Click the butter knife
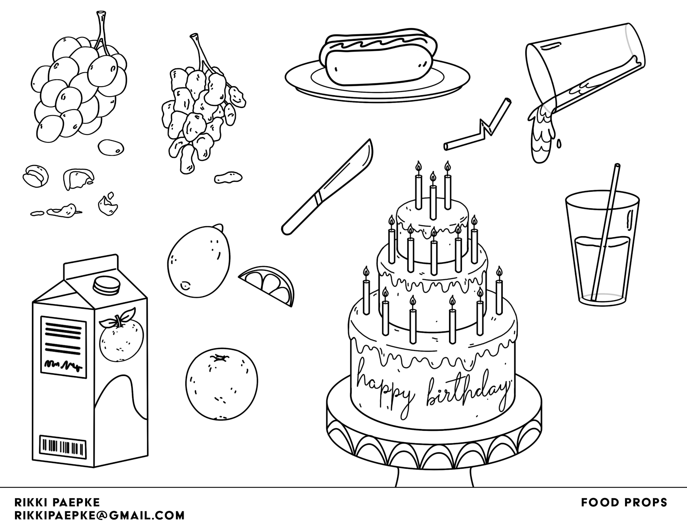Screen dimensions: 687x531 click(327, 187)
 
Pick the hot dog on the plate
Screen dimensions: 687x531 click(378, 59)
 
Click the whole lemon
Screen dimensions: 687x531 click(199, 261)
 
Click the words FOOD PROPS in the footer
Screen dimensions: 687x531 click(624, 503)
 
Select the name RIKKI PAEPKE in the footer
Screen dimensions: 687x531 click(57, 502)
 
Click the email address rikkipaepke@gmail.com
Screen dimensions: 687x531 click(99, 516)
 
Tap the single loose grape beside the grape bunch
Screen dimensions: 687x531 click(111, 147)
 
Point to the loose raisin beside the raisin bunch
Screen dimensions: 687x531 click(228, 177)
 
